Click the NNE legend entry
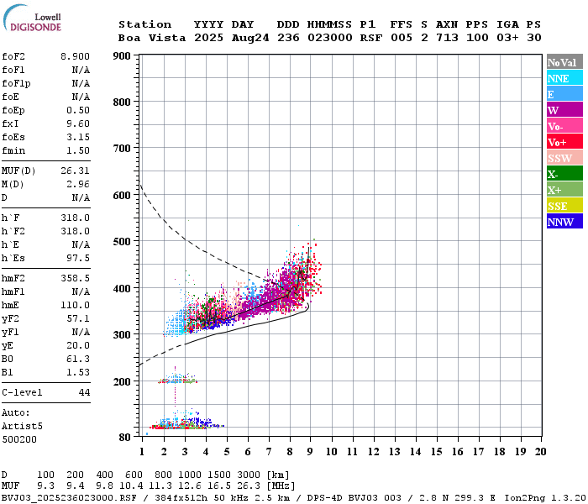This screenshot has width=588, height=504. (x=564, y=78)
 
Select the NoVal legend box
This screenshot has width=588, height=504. (x=564, y=62)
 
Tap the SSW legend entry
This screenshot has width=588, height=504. (x=564, y=158)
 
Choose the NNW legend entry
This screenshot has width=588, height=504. (x=564, y=222)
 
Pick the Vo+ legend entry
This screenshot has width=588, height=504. (x=564, y=142)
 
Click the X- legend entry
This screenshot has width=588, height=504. (x=564, y=174)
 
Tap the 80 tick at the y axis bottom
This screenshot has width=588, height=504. (x=124, y=437)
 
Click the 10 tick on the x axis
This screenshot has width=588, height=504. (x=332, y=452)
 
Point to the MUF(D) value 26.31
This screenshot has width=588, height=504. (x=75, y=171)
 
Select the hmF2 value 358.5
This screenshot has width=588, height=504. (x=75, y=276)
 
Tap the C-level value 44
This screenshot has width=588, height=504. (x=84, y=392)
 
